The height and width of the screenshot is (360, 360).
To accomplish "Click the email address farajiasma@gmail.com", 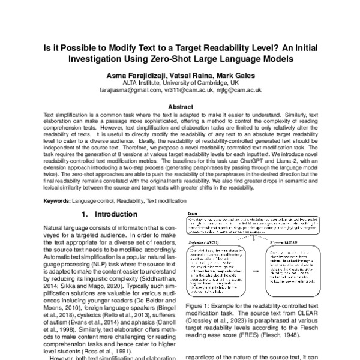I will click(x=130, y=90).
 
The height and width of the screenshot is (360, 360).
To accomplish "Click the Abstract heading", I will click(x=179, y=106).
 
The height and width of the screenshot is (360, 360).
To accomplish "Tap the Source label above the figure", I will click(x=193, y=213).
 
